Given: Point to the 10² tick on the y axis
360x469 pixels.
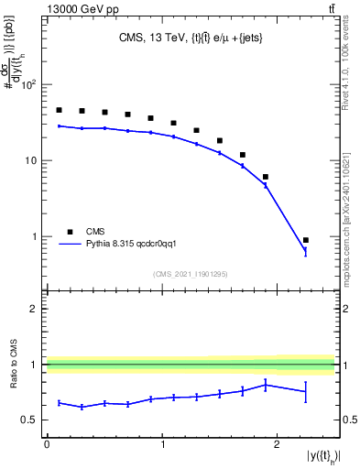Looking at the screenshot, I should pyautogui.click(x=29, y=85).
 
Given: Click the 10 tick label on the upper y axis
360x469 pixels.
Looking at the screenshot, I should pyautogui.click(x=31, y=161).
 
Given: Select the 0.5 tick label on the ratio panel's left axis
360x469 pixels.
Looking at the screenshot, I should pyautogui.click(x=32, y=420).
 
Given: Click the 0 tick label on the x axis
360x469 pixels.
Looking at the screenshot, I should pyautogui.click(x=47, y=444).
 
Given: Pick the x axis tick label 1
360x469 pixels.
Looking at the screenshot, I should pyautogui.click(x=162, y=444).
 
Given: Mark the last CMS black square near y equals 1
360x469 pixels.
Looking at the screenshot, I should pyautogui.click(x=306, y=240).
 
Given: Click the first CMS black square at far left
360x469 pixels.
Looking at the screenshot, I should pyautogui.click(x=59, y=110).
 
